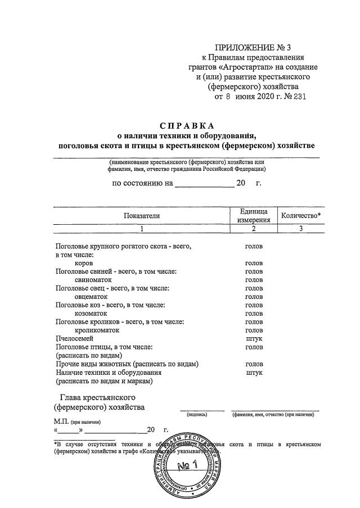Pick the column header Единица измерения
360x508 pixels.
pos(254,215)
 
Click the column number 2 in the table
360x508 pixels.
pos(254,228)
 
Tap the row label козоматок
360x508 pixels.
pos(90,313)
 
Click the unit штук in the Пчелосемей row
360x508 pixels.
pos(254,338)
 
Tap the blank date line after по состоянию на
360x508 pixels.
pos(204,183)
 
